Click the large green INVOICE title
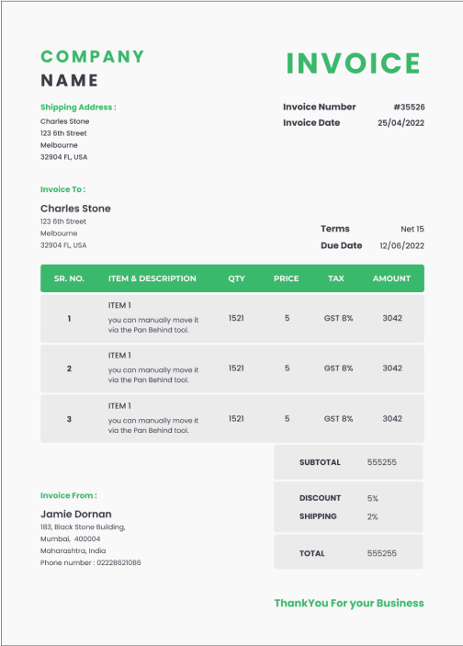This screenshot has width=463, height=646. coord(353,63)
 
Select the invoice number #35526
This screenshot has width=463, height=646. coord(409,108)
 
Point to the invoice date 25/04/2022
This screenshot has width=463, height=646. coord(401,123)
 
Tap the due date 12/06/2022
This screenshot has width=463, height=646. coord(401,246)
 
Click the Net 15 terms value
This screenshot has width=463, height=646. coord(412,229)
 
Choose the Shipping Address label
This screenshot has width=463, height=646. coord(78,108)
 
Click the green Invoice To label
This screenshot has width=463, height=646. coord(62,189)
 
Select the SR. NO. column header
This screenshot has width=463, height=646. coord(69,278)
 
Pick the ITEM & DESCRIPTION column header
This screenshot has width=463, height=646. coord(152,278)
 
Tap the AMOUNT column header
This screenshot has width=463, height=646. coord(391,278)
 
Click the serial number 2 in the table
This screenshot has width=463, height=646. coord(69,368)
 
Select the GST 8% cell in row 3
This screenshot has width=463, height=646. coord(338,419)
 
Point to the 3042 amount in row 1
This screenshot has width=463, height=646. coord(392,318)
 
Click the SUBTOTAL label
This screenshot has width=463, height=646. coord(320,462)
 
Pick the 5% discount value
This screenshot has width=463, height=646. coord(372,498)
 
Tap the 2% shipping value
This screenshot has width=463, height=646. coord(372,516)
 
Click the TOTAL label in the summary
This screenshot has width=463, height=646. coord(312,553)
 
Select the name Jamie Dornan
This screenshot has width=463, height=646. coord(76,514)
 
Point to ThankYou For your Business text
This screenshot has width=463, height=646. coord(349,604)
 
